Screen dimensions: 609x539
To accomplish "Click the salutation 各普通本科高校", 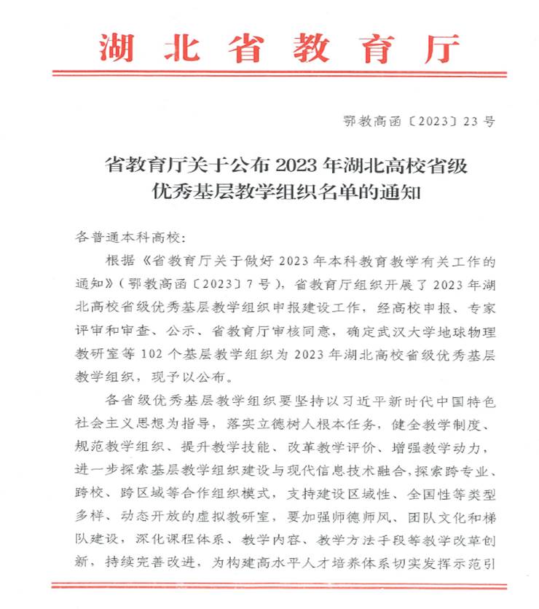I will pos(127,238).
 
